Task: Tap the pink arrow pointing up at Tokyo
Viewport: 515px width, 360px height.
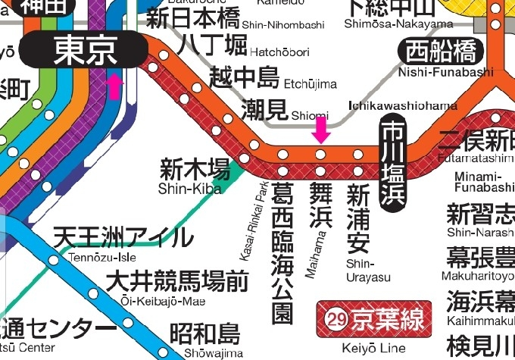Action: click(114, 86)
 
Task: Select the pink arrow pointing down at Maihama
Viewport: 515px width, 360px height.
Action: click(321, 129)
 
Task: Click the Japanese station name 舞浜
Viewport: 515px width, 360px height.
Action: click(321, 205)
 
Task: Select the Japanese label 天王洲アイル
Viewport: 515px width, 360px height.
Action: click(123, 238)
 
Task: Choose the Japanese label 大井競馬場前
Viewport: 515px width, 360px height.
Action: click(176, 281)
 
